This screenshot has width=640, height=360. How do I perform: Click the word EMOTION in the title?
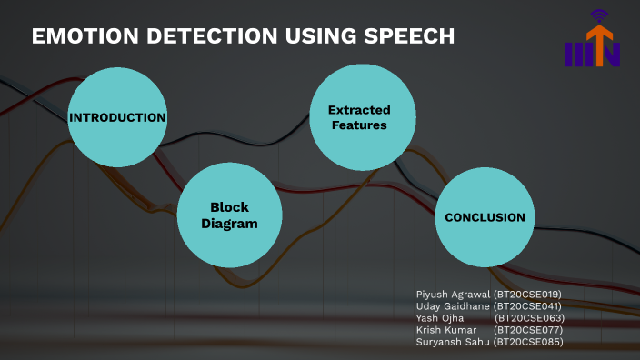click(77, 36)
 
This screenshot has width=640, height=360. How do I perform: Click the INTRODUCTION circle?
click(118, 117)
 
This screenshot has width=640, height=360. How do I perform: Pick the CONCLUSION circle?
click(485, 217)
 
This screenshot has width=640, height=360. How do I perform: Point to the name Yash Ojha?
click(440, 318)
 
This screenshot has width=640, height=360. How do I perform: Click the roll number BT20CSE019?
click(529, 295)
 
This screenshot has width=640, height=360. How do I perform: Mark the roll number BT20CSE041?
click(529, 306)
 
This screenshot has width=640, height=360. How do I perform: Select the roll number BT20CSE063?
click(529, 318)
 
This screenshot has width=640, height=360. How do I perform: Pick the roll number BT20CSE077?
click(529, 330)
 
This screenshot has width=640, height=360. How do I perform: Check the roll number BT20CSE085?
click(529, 342)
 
